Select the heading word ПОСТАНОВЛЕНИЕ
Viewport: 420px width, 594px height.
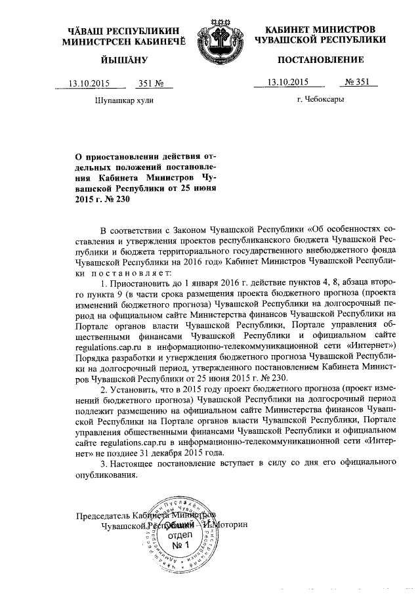(x=320, y=60)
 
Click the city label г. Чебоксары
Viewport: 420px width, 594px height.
(x=320, y=100)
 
